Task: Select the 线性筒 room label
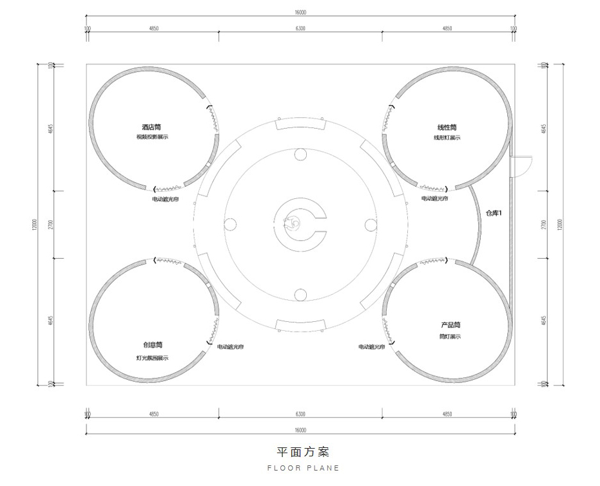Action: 447,127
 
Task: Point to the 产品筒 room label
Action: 450,326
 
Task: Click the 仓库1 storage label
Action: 493,213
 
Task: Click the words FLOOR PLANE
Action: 303,468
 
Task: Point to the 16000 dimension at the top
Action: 300,12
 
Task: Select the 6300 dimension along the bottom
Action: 300,414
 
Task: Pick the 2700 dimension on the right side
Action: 544,224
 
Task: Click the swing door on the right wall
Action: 519,166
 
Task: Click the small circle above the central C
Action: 300,154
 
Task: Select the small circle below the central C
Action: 300,295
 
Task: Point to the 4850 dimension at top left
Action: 153,29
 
